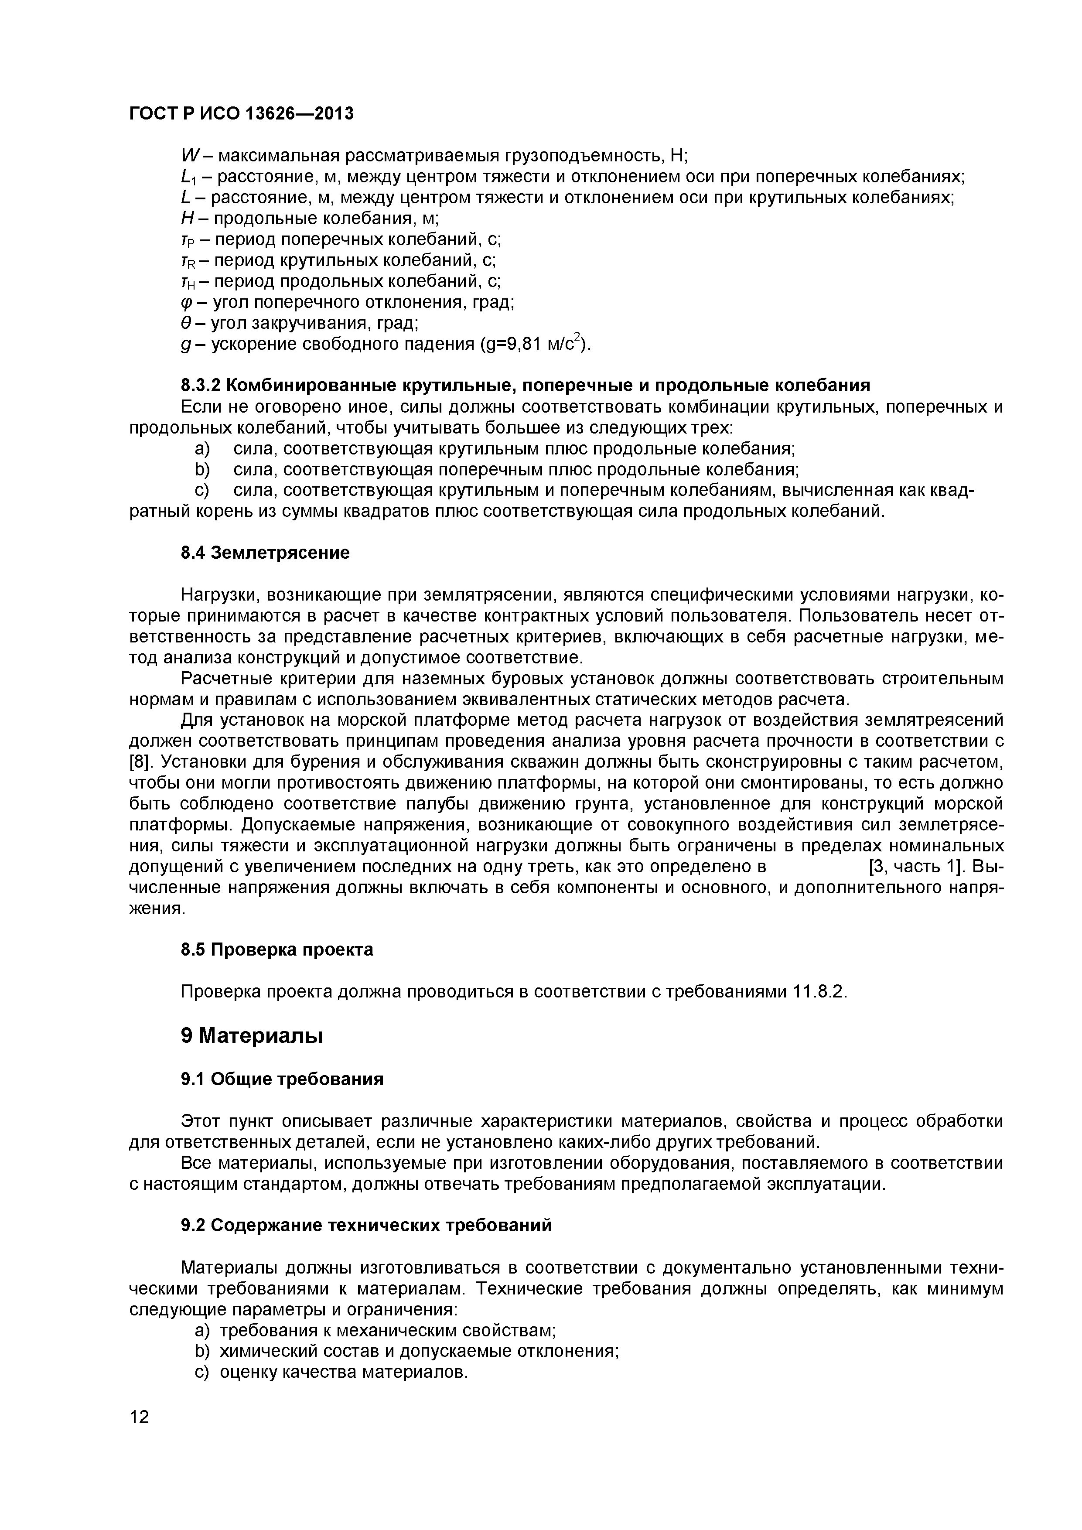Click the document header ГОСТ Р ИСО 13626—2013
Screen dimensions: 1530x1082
click(241, 114)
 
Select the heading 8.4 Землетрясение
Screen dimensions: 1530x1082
click(265, 553)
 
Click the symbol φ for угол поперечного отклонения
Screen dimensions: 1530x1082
click(186, 303)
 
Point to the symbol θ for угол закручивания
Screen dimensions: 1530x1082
click(186, 324)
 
